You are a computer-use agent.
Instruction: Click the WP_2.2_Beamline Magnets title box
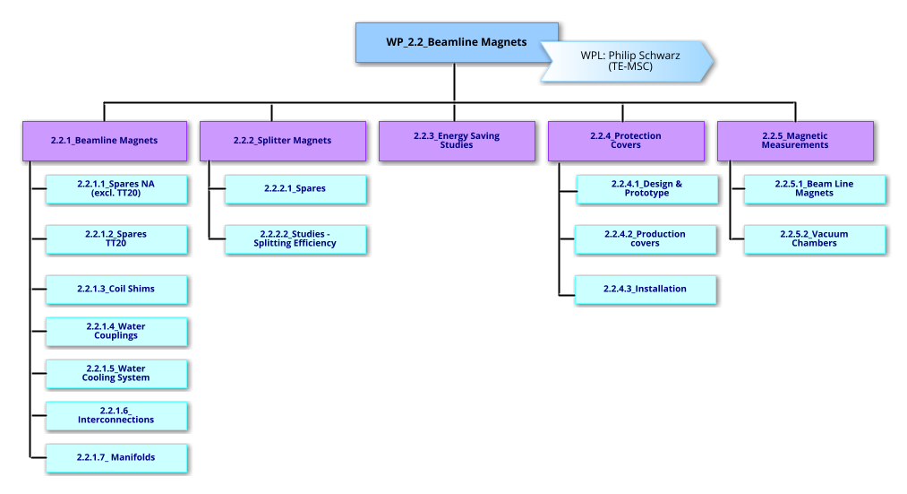457,42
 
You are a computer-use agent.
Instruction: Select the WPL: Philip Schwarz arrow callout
627,61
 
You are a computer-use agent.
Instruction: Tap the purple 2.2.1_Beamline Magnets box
105,141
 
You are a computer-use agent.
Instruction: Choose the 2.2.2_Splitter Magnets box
282,141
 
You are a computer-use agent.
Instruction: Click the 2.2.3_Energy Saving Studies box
457,141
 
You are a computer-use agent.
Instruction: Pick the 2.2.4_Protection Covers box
626,141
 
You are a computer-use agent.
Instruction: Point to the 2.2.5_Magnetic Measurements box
795,141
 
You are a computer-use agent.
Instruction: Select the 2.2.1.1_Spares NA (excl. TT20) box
116,189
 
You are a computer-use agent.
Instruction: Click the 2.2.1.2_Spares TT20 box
116,239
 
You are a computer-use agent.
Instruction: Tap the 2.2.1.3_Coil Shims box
116,289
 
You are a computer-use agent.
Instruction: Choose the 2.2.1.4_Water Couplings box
116,332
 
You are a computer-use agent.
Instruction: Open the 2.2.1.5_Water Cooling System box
116,374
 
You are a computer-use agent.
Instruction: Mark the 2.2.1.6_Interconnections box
116,416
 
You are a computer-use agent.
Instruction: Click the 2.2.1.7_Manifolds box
116,457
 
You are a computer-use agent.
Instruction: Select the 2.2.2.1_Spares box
295,189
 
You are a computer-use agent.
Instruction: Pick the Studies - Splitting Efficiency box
295,239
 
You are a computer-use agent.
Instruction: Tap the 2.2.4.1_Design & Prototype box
646,189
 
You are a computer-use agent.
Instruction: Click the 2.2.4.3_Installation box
646,289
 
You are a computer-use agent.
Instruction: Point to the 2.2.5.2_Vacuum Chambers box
815,239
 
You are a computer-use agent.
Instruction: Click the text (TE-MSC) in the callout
630,67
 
